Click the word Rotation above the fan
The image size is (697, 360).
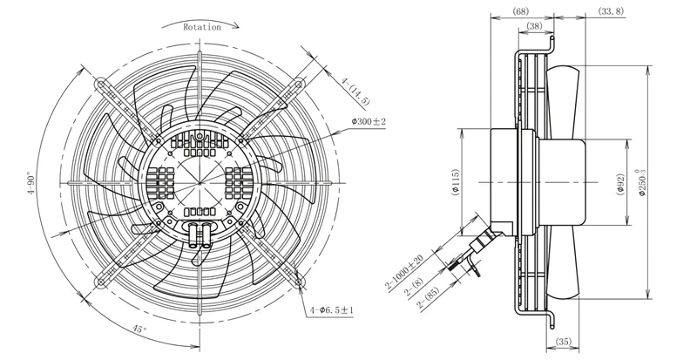(202, 27)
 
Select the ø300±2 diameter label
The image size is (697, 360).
(369, 121)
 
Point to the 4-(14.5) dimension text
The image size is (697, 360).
(355, 91)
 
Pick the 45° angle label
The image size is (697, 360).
(139, 329)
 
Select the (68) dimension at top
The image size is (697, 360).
(520, 11)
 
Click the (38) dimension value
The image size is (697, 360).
(534, 26)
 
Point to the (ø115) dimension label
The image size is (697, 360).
(455, 182)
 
